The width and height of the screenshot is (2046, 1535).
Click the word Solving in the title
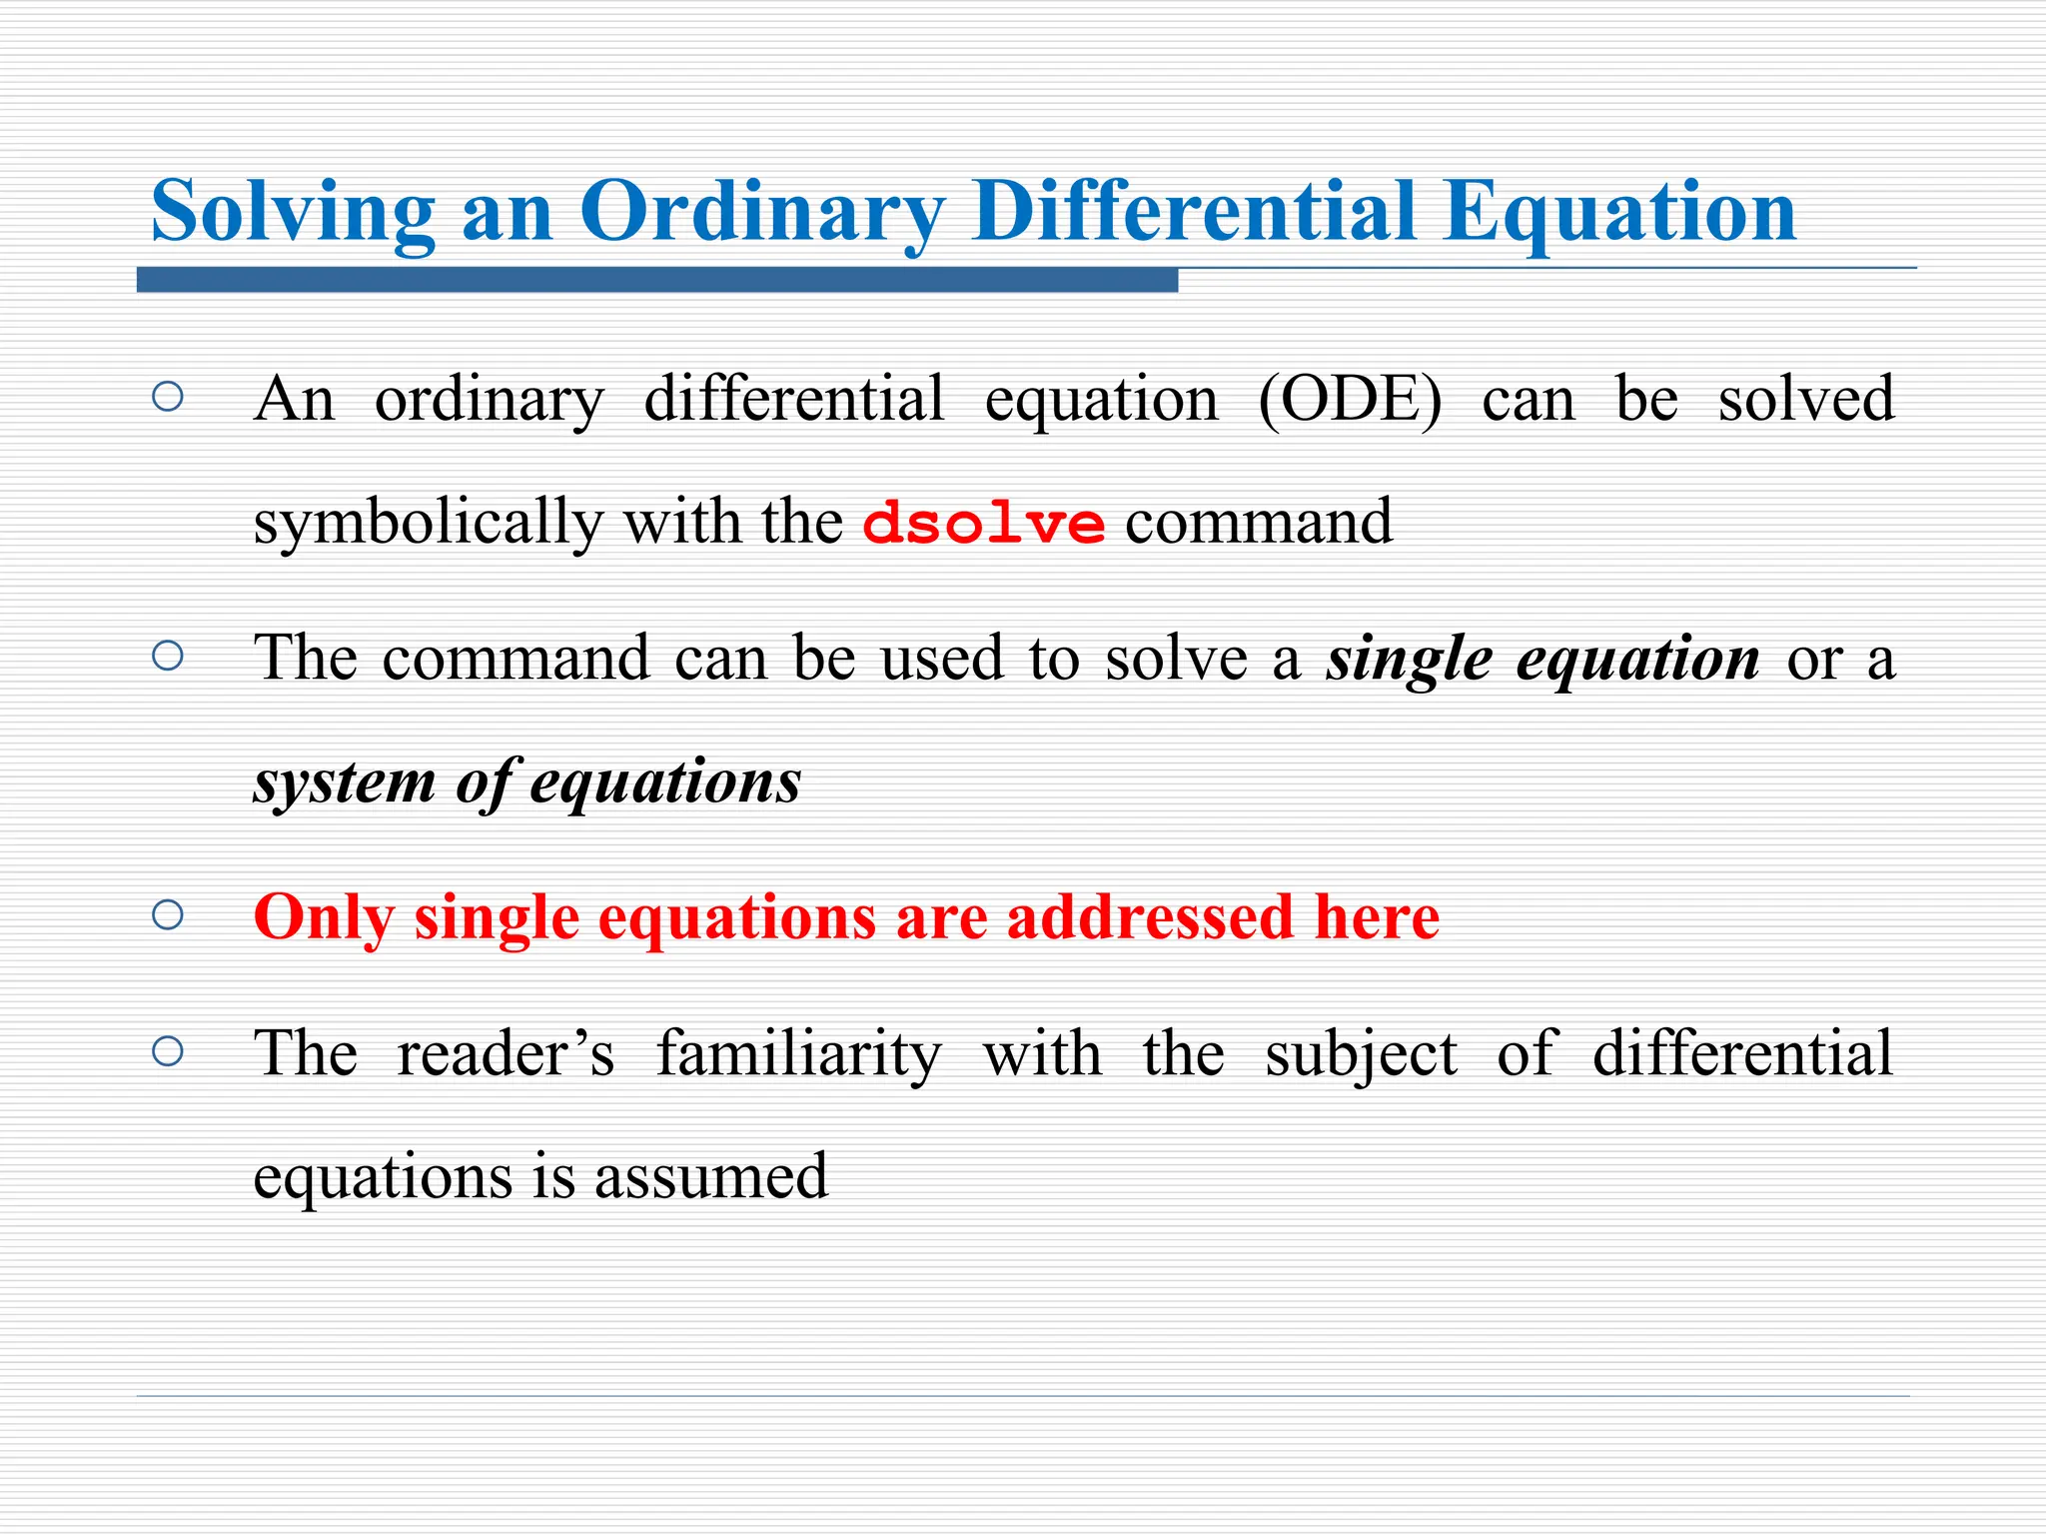[293, 212]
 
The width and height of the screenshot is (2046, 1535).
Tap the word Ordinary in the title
[761, 212]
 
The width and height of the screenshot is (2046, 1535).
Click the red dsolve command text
[983, 523]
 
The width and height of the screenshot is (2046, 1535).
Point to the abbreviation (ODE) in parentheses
[1350, 400]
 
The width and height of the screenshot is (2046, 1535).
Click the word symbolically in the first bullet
[428, 523]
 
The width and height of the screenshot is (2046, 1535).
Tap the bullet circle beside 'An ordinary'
[168, 398]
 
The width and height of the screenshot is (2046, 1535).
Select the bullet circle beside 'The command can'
[168, 657]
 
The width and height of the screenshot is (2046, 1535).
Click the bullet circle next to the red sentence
[168, 915]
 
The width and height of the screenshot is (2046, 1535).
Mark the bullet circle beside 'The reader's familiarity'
[168, 1051]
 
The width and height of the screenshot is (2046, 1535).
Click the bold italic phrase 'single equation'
[1541, 660]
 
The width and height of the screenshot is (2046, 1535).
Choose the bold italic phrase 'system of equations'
[526, 782]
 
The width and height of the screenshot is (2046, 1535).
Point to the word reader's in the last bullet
[506, 1053]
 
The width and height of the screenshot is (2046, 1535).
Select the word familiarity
[798, 1053]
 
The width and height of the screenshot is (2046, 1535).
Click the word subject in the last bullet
[1361, 1055]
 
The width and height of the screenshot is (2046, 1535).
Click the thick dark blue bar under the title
[656, 281]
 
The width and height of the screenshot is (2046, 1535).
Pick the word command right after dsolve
[1258, 523]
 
